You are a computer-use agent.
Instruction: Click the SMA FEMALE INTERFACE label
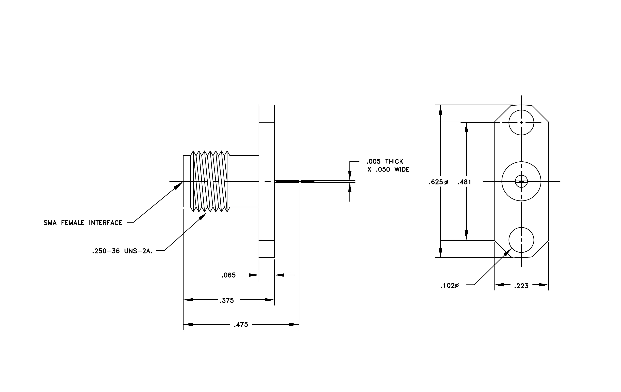pos(83,223)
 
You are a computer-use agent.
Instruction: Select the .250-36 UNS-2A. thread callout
pos(122,251)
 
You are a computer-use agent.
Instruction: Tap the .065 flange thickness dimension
pos(228,275)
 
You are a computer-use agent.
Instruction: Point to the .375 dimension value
pos(227,301)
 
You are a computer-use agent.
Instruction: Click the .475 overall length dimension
pos(241,325)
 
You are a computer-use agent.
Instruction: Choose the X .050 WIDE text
pos(388,170)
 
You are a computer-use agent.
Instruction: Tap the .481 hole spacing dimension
pos(464,182)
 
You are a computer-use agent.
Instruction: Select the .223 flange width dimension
pos(521,286)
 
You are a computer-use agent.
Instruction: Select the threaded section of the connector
pos(210,181)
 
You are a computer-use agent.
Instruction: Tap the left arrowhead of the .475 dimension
pos(188,324)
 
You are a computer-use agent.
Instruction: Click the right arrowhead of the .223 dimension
pos(544,285)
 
